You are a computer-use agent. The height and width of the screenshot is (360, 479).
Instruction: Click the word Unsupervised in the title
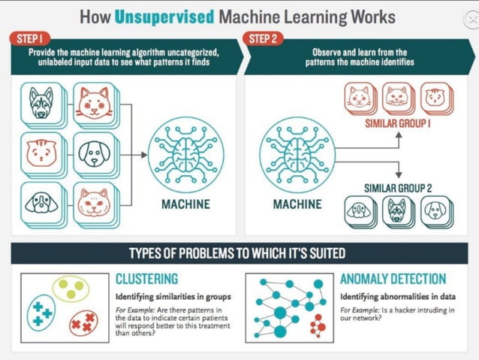[x=171, y=16]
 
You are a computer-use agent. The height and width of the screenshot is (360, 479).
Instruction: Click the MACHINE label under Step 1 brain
[x=185, y=204]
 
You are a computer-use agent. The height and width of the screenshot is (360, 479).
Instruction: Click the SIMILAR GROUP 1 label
[x=399, y=122]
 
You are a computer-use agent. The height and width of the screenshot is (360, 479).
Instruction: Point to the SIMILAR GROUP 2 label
[x=398, y=188]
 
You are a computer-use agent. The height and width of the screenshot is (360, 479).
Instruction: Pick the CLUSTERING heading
[x=146, y=279]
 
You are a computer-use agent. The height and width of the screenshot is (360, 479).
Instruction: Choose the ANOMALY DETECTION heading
[x=393, y=279]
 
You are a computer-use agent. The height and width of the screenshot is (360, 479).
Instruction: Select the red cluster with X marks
[x=82, y=323]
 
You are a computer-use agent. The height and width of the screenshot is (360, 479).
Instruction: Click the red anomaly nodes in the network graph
[x=318, y=325]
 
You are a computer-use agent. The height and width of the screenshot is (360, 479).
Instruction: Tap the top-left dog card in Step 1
[x=41, y=104]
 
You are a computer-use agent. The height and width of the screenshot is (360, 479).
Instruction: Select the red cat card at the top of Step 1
[x=94, y=103]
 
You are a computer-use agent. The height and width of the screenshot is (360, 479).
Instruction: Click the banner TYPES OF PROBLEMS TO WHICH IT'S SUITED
[x=237, y=253]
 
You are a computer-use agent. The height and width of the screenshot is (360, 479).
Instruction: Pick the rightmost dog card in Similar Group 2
[x=436, y=211]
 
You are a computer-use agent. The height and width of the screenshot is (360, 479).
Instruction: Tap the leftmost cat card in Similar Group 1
[x=360, y=98]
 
